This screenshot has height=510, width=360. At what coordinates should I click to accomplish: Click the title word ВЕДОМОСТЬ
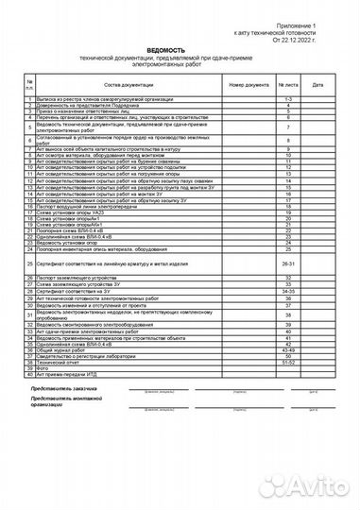click(x=180, y=48)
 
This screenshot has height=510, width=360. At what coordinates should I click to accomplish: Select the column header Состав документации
click(x=129, y=84)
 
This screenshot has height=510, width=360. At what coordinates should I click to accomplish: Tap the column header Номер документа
click(x=249, y=84)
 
